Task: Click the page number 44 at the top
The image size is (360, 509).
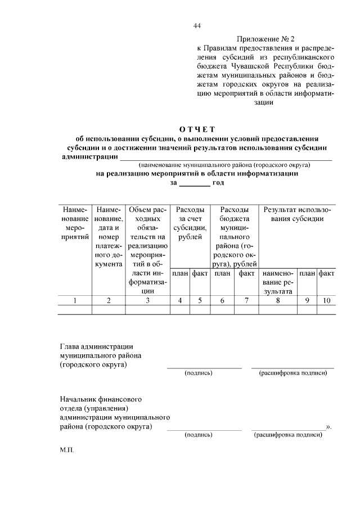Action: click(196, 26)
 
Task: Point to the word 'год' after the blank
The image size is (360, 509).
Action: click(218, 183)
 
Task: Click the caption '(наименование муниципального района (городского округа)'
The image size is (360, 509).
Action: click(224, 166)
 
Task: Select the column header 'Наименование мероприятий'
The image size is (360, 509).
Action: click(75, 223)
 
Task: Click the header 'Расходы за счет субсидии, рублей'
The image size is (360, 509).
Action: click(189, 223)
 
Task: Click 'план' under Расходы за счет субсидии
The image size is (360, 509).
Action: click(180, 273)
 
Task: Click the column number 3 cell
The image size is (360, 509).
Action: click(147, 300)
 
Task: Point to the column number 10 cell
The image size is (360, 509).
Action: click(326, 300)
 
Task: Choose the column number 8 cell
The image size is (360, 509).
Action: click(277, 300)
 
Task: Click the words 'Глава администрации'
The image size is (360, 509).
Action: click(96, 347)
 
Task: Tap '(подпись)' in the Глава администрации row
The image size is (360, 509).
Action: click(198, 373)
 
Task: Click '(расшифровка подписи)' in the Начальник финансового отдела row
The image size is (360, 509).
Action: click(288, 435)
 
